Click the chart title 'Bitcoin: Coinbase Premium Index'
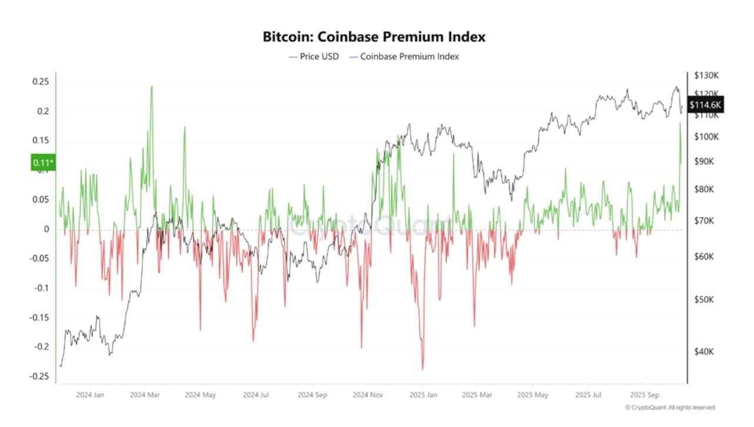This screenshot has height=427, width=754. (x=374, y=36)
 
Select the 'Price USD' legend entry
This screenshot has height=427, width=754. (x=314, y=56)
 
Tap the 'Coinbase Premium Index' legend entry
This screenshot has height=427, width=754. (x=404, y=56)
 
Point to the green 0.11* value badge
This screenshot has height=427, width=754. (x=43, y=162)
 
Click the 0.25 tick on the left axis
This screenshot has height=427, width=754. (x=40, y=81)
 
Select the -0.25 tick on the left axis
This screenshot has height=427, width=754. (x=39, y=376)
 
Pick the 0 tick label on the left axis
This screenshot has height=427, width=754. (x=45, y=229)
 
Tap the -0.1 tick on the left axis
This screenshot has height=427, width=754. (x=41, y=288)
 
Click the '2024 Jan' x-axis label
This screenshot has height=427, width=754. (x=90, y=395)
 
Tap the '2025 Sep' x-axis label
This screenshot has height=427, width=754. (x=644, y=395)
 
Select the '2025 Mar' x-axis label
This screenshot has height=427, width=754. (x=478, y=395)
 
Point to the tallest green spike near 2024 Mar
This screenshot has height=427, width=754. (x=152, y=87)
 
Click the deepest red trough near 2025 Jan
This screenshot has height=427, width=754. (x=423, y=369)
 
